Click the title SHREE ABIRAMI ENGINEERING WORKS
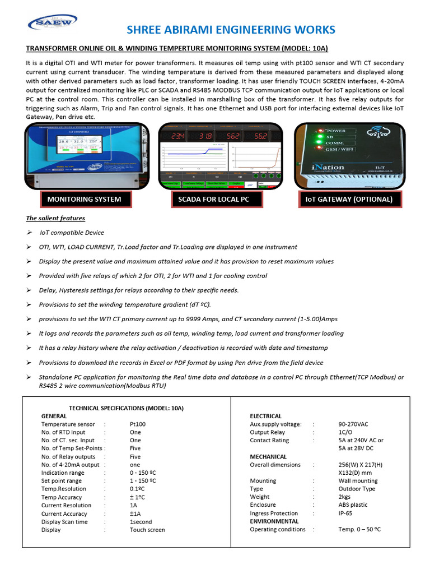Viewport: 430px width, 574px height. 231,29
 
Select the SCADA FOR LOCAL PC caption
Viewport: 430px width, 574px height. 210,199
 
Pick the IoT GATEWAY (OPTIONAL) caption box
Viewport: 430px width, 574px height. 349,199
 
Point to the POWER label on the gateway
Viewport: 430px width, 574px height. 336,130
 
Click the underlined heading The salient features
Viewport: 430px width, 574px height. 55,218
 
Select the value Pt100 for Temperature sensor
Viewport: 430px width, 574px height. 137,424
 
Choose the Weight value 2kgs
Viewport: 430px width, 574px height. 345,497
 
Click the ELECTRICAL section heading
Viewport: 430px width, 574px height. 265,416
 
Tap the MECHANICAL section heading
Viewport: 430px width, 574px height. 268,457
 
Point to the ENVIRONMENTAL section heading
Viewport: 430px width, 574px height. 274,521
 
